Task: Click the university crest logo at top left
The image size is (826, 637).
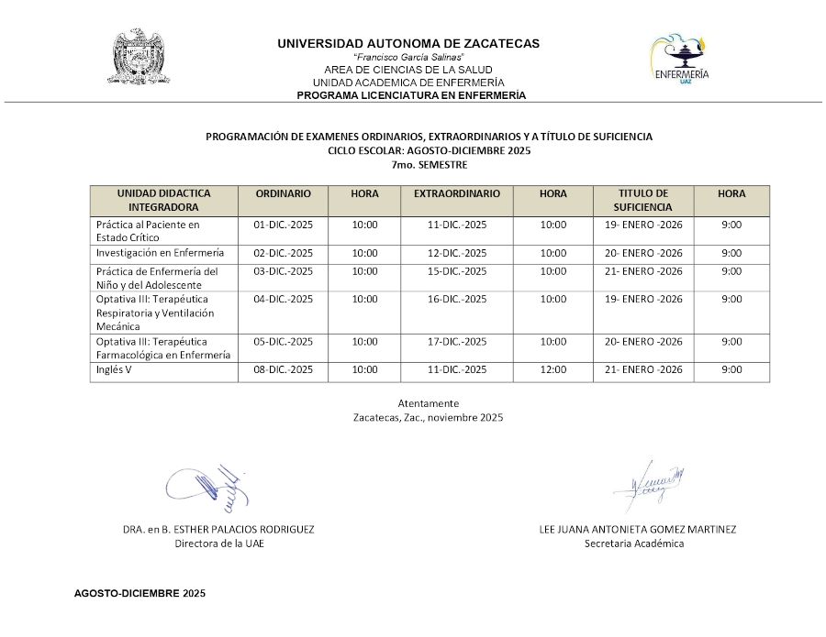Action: pyautogui.click(x=140, y=59)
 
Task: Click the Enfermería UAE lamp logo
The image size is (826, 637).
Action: pyautogui.click(x=679, y=60)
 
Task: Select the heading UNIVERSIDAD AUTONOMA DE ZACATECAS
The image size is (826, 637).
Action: pyautogui.click(x=408, y=43)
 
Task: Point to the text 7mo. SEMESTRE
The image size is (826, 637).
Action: pyautogui.click(x=429, y=165)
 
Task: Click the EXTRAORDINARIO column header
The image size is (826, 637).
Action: pyautogui.click(x=457, y=194)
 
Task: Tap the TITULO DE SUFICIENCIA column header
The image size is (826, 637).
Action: pyautogui.click(x=642, y=200)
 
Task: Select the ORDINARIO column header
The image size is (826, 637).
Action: pyautogui.click(x=283, y=194)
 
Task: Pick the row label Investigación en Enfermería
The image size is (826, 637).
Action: pyautogui.click(x=160, y=253)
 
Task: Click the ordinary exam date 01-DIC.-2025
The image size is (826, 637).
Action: pyautogui.click(x=283, y=225)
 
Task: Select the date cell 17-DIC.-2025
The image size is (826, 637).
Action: pyautogui.click(x=457, y=342)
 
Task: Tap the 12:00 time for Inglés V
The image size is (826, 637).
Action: pyautogui.click(x=553, y=369)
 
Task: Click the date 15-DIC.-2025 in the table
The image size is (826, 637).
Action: pyautogui.click(x=457, y=271)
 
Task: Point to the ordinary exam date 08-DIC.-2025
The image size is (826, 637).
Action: pyautogui.click(x=283, y=369)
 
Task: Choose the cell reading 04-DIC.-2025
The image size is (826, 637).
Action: pyautogui.click(x=283, y=299)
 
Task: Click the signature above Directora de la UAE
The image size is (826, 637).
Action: pyautogui.click(x=209, y=485)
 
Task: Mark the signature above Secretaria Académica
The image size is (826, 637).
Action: pyautogui.click(x=650, y=484)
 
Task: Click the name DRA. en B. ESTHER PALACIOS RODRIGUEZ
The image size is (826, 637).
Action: pyautogui.click(x=218, y=529)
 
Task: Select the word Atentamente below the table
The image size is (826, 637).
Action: pyautogui.click(x=429, y=403)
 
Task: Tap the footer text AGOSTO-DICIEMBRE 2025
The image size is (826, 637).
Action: pyautogui.click(x=140, y=593)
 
